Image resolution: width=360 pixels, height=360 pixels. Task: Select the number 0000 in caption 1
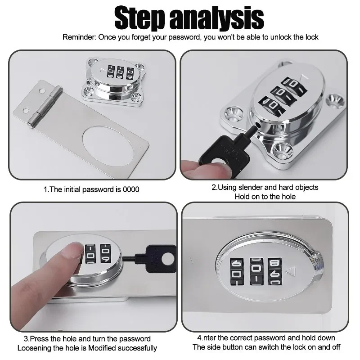point(130,189)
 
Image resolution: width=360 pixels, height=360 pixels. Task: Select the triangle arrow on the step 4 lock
point(290,271)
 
